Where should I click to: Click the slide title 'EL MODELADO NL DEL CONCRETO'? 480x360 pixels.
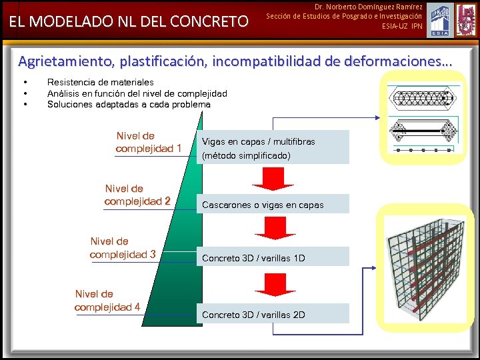(127, 22)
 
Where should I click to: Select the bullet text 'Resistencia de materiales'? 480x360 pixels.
(101, 82)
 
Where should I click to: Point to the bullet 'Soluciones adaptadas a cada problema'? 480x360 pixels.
(129, 104)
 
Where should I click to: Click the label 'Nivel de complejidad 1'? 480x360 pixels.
(148, 142)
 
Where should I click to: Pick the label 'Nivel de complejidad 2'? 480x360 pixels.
(137, 195)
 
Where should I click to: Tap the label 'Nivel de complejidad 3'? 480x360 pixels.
(123, 247)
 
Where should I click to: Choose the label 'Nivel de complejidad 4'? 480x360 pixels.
(107, 300)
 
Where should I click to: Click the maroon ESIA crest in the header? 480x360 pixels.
(465, 19)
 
